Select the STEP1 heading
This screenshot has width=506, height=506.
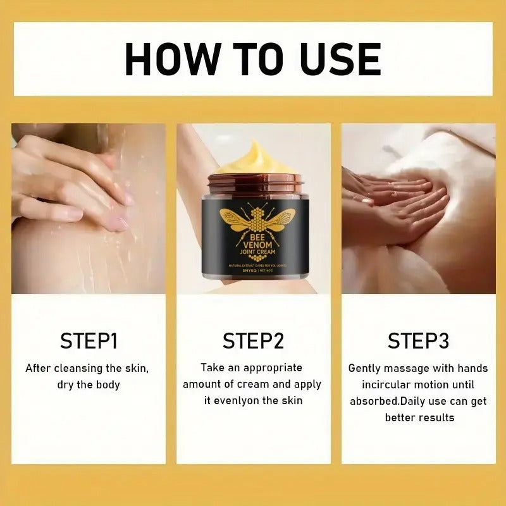point(89,341)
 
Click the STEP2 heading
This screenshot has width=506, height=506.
point(253,341)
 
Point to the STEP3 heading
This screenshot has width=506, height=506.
point(418,341)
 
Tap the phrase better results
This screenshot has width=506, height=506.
point(419,417)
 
